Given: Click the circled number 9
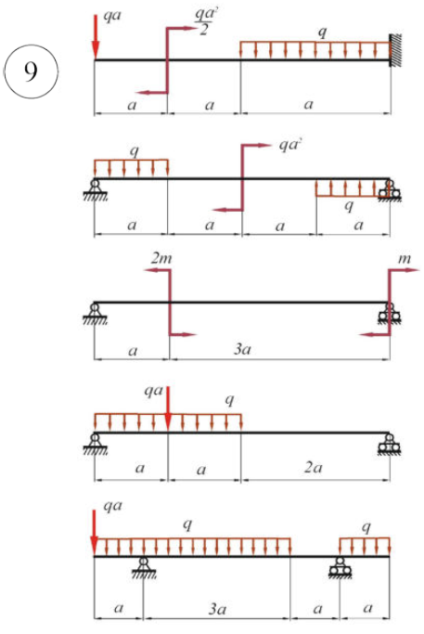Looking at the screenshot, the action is coord(31,71).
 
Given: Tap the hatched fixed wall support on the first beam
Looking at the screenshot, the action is coord(395,50).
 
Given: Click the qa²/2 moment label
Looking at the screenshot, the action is coord(205,21).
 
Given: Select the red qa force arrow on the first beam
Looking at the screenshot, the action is coord(96,37).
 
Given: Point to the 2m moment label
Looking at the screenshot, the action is coord(161,258).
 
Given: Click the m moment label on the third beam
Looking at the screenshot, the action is coord(405,259).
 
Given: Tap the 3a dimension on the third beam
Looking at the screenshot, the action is coord(242,349).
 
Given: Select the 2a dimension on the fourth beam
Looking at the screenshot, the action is coord(313,468).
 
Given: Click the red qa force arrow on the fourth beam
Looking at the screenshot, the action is coord(168,409).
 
